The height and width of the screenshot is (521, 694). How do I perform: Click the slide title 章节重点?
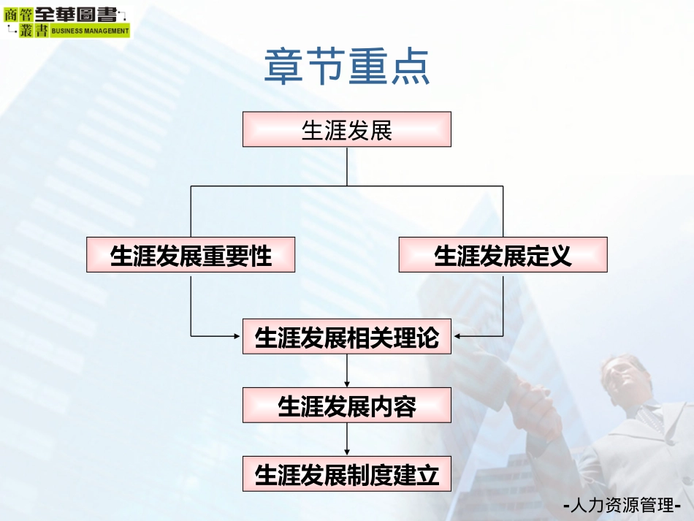(347, 67)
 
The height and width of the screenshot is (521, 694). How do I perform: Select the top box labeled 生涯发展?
(347, 129)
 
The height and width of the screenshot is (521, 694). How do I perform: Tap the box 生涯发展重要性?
(191, 255)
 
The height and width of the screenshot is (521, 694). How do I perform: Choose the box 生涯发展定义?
(503, 255)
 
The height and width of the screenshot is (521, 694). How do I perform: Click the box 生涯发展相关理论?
(347, 337)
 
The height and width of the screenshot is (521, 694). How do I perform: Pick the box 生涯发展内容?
(347, 406)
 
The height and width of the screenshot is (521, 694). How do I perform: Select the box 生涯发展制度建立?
(347, 474)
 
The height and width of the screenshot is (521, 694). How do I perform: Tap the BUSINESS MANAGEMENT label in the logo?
(89, 31)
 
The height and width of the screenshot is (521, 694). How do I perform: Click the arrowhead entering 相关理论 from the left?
(237, 336)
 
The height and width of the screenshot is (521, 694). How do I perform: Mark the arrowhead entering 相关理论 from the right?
(457, 336)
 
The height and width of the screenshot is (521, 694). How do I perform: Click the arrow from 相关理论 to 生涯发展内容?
(347, 371)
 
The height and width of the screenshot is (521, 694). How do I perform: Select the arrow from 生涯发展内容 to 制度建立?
(347, 440)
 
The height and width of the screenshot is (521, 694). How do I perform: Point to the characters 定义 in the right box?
(549, 255)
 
